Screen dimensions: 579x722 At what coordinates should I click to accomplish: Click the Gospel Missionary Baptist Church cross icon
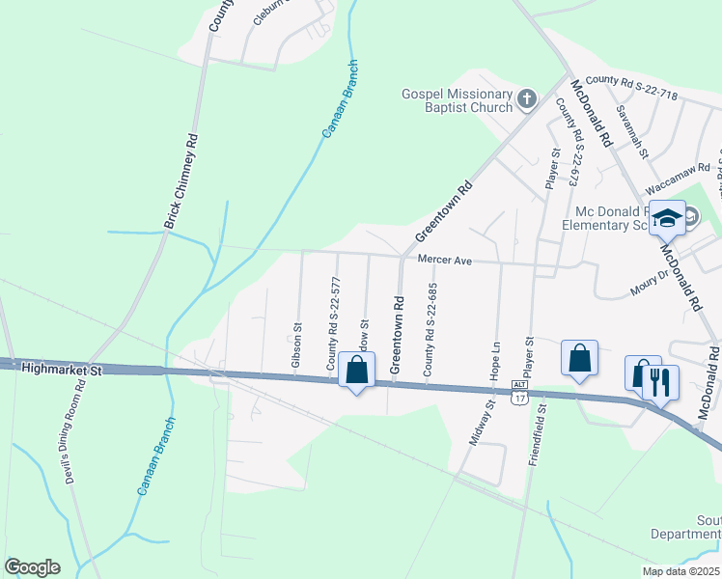pyautogui.click(x=527, y=98)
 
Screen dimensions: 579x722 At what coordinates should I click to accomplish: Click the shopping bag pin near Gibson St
pyautogui.click(x=357, y=370)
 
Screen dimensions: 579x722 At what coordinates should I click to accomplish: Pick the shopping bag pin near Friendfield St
pyautogui.click(x=579, y=359)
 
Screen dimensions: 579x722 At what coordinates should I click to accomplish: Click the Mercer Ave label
pyautogui.click(x=442, y=259)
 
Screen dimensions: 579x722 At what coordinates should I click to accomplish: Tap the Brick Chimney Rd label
pyautogui.click(x=180, y=182)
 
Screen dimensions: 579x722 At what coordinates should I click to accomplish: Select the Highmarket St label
pyautogui.click(x=61, y=369)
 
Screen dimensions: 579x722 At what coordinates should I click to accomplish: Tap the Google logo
pyautogui.click(x=33, y=566)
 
